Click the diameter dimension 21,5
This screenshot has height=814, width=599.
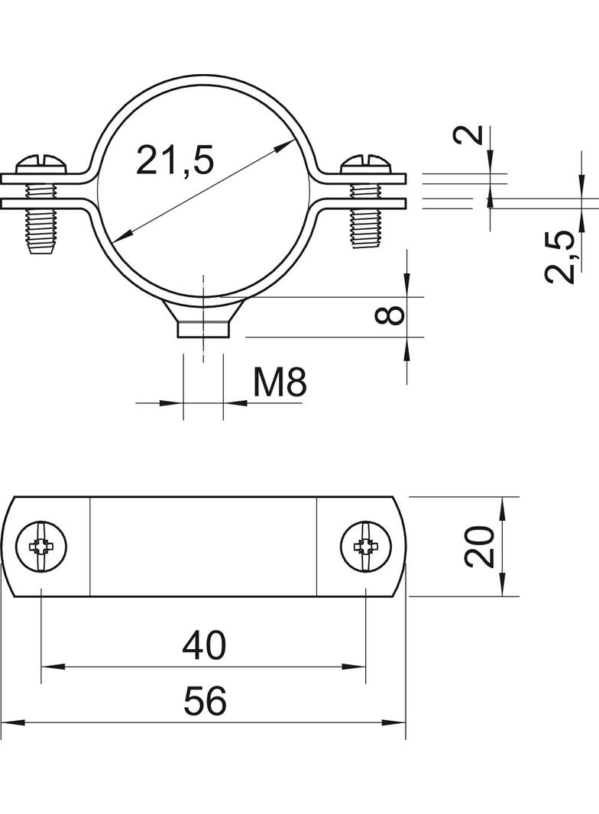coord(175,161)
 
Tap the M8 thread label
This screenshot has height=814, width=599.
coord(280,382)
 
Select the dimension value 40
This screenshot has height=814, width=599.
coord(204,646)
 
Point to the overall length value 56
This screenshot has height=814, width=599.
coord(204,701)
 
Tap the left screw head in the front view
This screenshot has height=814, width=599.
coord(41,166)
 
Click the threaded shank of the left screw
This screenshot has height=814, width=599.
coord(41,226)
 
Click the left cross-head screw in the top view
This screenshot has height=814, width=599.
coord(40,546)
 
